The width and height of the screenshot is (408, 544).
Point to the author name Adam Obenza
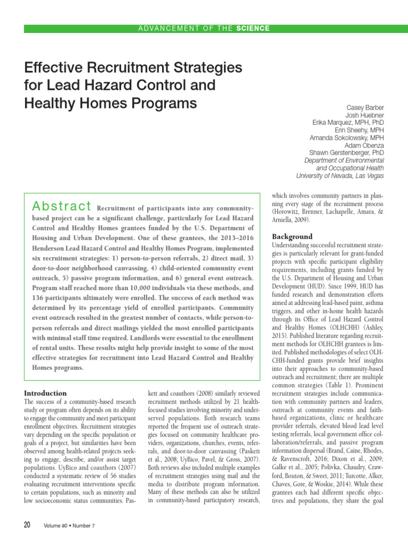[364, 145]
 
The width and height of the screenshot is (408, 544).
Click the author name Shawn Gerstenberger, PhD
[346, 153]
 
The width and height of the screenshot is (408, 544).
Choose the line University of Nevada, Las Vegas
[340, 175]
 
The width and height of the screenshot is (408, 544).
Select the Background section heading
[292, 236]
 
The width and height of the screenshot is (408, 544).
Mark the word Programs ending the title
[160, 102]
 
